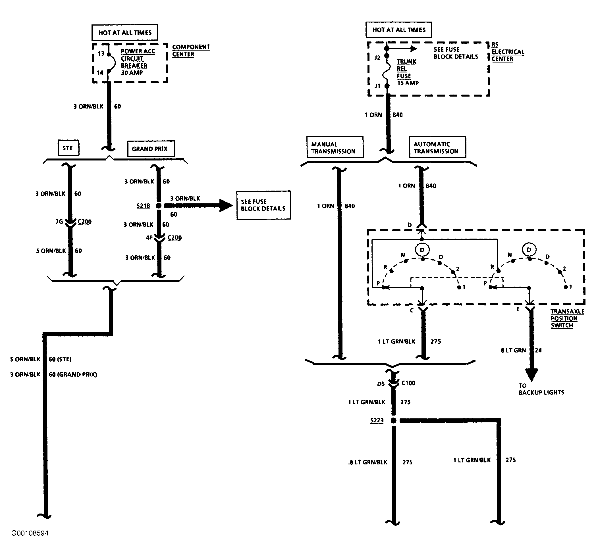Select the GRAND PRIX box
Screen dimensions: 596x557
(151, 149)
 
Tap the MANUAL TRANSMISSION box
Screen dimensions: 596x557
(335, 147)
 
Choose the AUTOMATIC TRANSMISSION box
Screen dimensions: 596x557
(437, 147)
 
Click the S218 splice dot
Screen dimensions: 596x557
(159, 206)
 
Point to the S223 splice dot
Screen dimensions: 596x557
(394, 420)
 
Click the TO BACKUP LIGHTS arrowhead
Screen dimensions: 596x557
(531, 375)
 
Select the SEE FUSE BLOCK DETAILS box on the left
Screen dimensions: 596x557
(263, 205)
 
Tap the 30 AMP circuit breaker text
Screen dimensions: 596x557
(132, 72)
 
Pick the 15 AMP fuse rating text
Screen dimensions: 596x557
(408, 83)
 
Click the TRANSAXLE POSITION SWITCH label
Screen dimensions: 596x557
(567, 318)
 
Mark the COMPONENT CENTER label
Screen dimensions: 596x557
(191, 51)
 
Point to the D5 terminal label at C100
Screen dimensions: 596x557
(381, 384)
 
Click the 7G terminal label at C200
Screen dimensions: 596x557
(59, 222)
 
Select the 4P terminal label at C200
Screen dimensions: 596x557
(149, 238)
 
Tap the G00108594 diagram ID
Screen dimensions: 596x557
(30, 533)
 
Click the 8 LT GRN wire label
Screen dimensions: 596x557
(513, 350)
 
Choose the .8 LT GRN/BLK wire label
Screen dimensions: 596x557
(368, 462)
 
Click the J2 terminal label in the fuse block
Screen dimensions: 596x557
(377, 58)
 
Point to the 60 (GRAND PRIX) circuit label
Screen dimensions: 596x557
(73, 374)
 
